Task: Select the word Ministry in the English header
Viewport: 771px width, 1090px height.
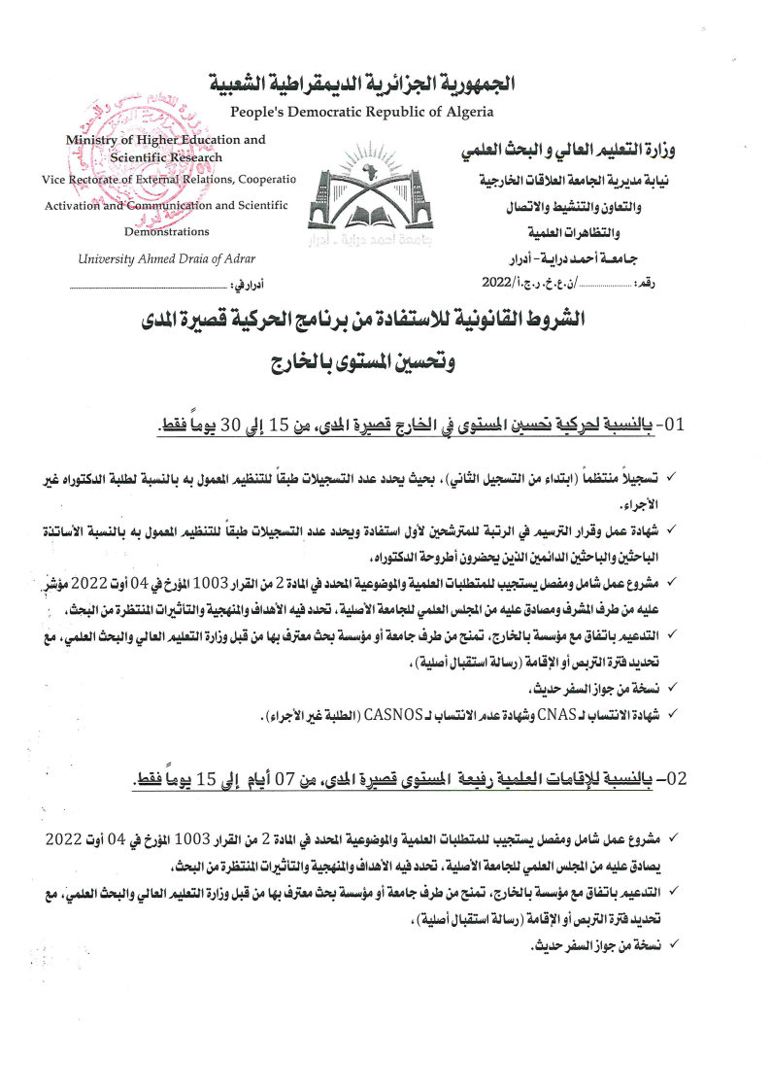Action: tap(91, 140)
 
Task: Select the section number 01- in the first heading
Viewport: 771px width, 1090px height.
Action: tap(673, 425)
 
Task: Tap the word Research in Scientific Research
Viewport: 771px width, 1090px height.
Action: tap(198, 157)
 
